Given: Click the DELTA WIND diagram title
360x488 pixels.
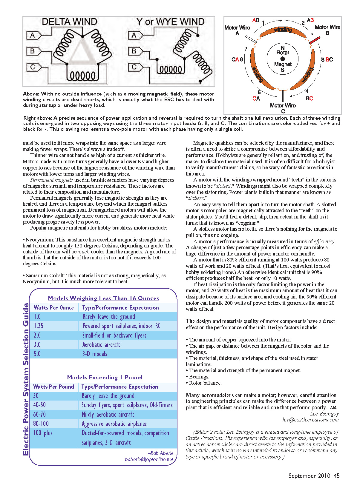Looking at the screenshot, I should coord(69,22).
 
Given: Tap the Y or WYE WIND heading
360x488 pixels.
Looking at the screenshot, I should coord(170,22).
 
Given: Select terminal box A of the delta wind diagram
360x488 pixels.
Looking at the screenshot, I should coord(32,35).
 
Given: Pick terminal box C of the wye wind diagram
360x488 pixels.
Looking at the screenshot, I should coord(134,67).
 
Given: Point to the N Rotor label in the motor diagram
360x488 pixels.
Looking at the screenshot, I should coord(283,50).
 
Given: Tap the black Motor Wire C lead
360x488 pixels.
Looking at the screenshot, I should coord(283,96).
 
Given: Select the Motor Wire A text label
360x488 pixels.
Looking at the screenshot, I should coord(237,30).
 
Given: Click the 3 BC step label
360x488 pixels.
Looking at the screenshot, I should coord(327,60).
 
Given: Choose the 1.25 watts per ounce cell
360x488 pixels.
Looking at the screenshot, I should coord(39,326).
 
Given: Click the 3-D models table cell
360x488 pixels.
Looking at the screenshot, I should coord(95,354).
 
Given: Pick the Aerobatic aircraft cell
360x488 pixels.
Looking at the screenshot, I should coord(101,345).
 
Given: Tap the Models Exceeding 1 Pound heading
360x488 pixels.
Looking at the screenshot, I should coord(105,377).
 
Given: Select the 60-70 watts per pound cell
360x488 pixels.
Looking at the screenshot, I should coord(39,415).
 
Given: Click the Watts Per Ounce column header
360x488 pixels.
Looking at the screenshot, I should coord(54,308).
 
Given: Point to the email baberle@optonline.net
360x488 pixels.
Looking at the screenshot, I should coord(149,459).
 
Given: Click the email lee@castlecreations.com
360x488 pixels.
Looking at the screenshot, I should coord(310,420).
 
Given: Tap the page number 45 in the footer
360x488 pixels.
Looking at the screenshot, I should coord(337,476).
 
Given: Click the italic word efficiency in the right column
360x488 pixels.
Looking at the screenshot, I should coord(324,241).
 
